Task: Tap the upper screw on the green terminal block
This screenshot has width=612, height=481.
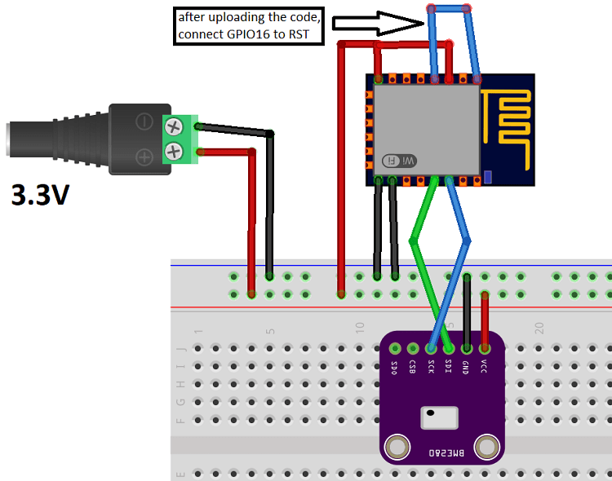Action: (174, 126)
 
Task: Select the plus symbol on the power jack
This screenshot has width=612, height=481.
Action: (144, 155)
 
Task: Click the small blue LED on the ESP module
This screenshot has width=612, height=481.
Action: (488, 176)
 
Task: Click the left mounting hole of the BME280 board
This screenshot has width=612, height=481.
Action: (397, 447)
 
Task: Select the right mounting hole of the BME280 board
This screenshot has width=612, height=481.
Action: (486, 447)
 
